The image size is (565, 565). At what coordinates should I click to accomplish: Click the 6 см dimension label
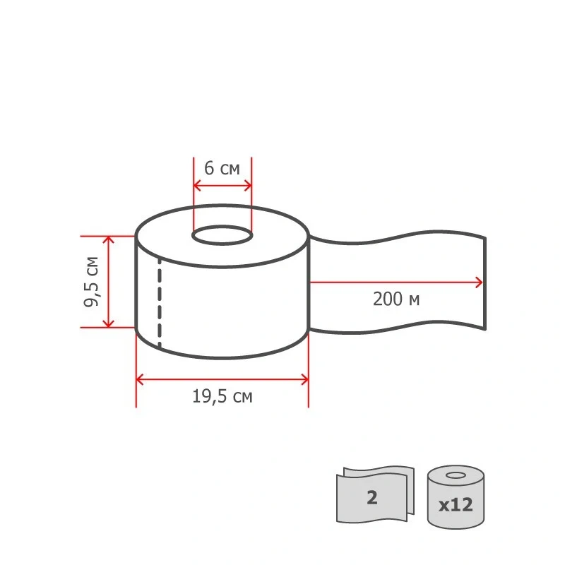tap(222, 168)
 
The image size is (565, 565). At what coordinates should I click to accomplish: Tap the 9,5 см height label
tap(91, 282)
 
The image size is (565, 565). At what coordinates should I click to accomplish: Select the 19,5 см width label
tap(222, 396)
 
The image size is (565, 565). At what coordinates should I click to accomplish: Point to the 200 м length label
tap(396, 299)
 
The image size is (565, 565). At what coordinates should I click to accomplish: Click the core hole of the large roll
tap(222, 236)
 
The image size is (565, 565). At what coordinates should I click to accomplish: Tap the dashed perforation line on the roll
tap(160, 303)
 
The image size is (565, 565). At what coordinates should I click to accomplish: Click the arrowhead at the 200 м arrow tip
tap(480, 282)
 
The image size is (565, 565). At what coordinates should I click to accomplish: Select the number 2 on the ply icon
tap(372, 498)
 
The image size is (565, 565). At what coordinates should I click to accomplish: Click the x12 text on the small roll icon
tap(456, 505)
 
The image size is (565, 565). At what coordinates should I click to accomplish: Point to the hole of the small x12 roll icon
tap(456, 475)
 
